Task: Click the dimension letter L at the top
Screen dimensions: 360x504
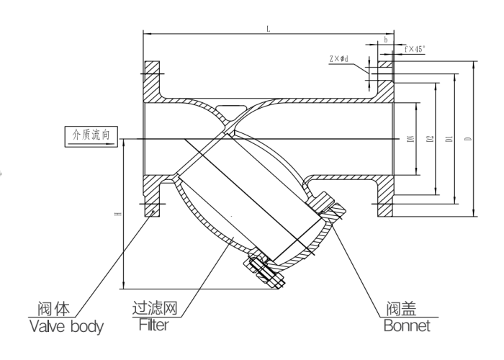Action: click(x=269, y=29)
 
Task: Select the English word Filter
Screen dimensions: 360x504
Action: click(x=153, y=326)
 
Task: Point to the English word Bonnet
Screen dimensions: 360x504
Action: click(x=406, y=326)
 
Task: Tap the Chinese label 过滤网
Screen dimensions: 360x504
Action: click(x=156, y=310)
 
